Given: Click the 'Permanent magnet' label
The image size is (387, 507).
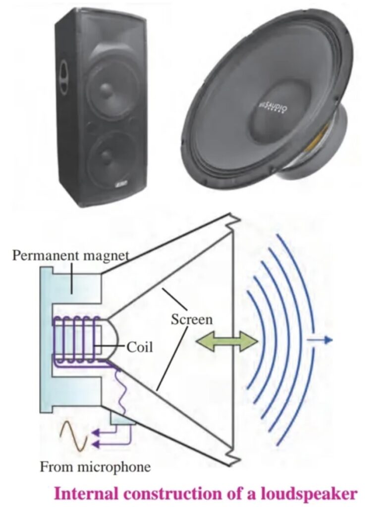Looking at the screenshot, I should point(70,255).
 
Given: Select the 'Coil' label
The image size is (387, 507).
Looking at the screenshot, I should point(140,347).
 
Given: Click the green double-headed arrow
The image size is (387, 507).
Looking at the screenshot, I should point(227,341).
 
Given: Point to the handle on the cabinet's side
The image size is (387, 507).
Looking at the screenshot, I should point(63,77).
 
